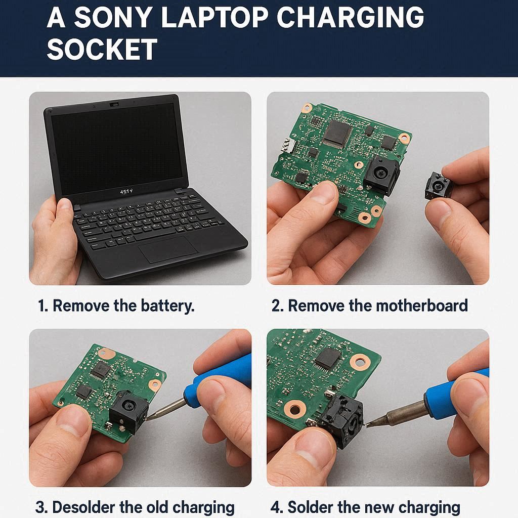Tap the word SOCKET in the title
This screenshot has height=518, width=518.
102,49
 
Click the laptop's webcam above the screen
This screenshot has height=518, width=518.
114,104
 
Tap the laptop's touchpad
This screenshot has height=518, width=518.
168,249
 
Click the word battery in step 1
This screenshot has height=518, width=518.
167,306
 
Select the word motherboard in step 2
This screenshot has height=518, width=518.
422,305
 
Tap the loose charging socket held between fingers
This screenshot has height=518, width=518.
438,187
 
